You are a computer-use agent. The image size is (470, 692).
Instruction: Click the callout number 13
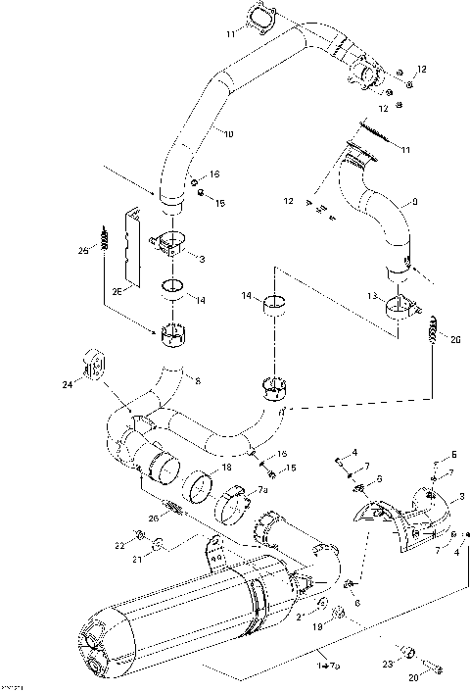371,294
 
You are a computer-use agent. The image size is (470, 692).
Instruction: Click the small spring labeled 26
173,507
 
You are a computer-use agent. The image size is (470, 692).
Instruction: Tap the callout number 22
119,544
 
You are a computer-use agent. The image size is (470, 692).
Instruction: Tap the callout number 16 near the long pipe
214,174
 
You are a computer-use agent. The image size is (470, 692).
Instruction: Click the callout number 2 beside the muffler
299,617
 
